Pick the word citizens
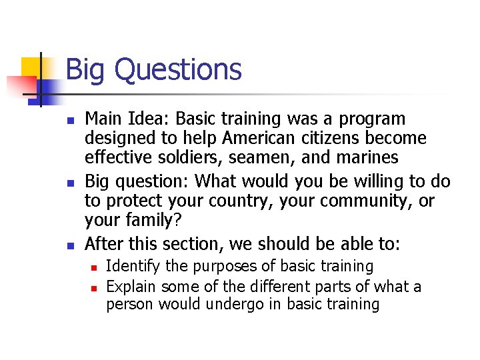click(327, 138)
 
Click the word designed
click(115, 138)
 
